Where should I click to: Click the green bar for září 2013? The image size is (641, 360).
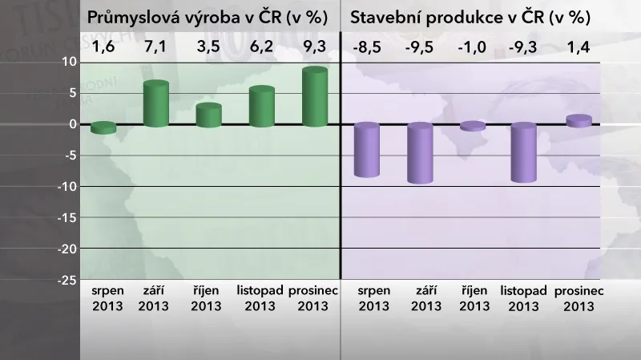[x=155, y=104]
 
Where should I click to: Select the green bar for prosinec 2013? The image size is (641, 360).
[x=315, y=97]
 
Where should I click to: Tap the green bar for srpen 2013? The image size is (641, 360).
[x=103, y=127]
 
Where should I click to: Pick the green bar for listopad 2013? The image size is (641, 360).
[x=262, y=107]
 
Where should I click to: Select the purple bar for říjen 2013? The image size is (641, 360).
[x=473, y=126]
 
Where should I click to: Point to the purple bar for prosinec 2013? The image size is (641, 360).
[x=579, y=121]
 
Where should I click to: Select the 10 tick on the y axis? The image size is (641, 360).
[x=68, y=62]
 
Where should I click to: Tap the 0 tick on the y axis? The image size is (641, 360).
[x=71, y=124]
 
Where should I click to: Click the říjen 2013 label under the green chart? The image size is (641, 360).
[x=208, y=297]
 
